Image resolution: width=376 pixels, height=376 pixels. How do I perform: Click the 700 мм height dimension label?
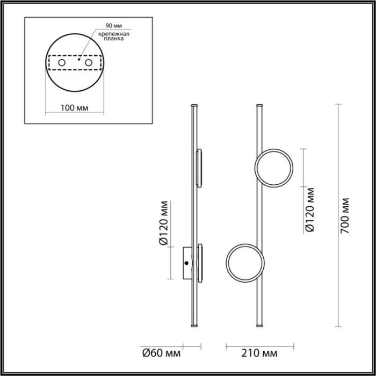(x=346, y=215)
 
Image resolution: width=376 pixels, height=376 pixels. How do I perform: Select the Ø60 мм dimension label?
(x=161, y=353)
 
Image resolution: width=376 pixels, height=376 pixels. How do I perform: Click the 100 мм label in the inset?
(x=74, y=108)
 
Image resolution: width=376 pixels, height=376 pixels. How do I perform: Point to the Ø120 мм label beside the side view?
(x=165, y=225)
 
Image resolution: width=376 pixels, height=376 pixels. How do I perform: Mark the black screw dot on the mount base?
(x=186, y=263)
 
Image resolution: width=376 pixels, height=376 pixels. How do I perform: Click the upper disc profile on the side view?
(x=200, y=168)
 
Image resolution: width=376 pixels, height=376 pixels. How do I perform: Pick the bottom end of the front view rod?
(x=261, y=326)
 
